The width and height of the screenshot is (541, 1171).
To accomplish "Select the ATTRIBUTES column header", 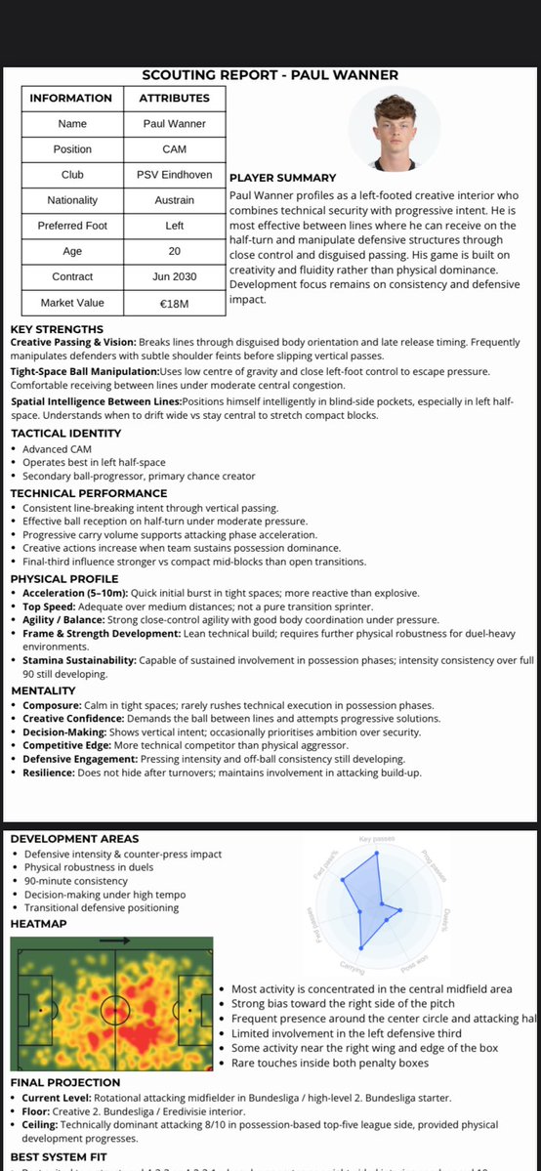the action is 175,99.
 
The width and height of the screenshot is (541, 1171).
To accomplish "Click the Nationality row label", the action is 72,200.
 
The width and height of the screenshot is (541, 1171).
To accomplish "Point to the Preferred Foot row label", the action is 72,226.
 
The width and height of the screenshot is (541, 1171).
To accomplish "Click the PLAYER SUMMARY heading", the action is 282,178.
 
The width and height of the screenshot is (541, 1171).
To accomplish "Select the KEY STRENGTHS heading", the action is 57,329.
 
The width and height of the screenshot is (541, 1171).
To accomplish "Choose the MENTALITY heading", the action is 43,690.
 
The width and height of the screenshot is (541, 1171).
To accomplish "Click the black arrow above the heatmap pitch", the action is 115,941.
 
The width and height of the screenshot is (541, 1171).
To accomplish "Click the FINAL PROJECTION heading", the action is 65,1082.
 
